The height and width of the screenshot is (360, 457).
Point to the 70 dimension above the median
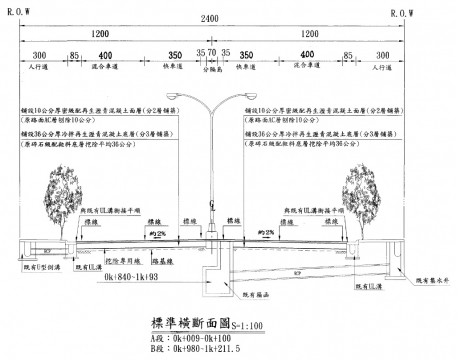(x=212, y=54)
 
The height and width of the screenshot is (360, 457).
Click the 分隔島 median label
(x=212, y=71)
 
